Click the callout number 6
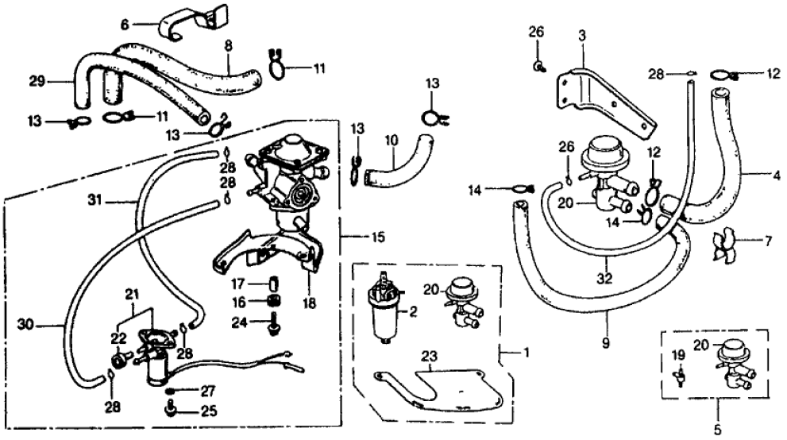[x=125, y=25]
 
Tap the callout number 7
[x=767, y=240]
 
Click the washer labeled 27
[x=169, y=392]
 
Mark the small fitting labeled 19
[x=680, y=375]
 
